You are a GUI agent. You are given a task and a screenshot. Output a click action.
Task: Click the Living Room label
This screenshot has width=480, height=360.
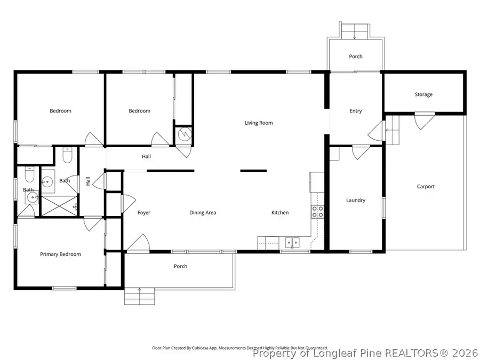click(259, 123)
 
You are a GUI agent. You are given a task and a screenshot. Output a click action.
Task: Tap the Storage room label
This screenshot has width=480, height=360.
click(423, 94)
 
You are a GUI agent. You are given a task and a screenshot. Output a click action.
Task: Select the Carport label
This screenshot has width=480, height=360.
click(426, 187)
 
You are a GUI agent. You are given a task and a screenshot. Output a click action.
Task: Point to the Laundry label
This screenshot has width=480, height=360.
click(355, 201)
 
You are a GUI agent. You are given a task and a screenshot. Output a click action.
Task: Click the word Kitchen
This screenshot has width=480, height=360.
click(280, 213)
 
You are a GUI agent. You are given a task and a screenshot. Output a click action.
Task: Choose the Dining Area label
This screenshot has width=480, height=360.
click(203, 213)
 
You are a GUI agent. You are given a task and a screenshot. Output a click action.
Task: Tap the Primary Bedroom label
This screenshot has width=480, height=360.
click(61, 254)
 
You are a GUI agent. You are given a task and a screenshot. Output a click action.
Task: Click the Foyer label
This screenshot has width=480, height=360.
click(144, 213)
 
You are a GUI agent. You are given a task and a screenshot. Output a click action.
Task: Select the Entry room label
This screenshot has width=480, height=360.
click(356, 111)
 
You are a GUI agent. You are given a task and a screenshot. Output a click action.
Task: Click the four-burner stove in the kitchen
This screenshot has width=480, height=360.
click(317, 211)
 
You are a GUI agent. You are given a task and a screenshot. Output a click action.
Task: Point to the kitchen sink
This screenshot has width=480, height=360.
click(292, 243)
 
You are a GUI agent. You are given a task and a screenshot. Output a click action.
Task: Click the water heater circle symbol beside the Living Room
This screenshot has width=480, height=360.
click(185, 134)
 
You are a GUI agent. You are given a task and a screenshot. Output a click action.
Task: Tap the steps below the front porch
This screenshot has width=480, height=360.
click(140, 295)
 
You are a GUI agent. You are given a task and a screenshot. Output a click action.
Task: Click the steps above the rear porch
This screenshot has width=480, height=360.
click(355, 31)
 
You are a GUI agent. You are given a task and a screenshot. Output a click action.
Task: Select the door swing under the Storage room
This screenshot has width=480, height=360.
click(425, 119)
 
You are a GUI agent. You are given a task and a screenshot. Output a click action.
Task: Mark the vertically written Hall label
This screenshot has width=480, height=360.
click(88, 181)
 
